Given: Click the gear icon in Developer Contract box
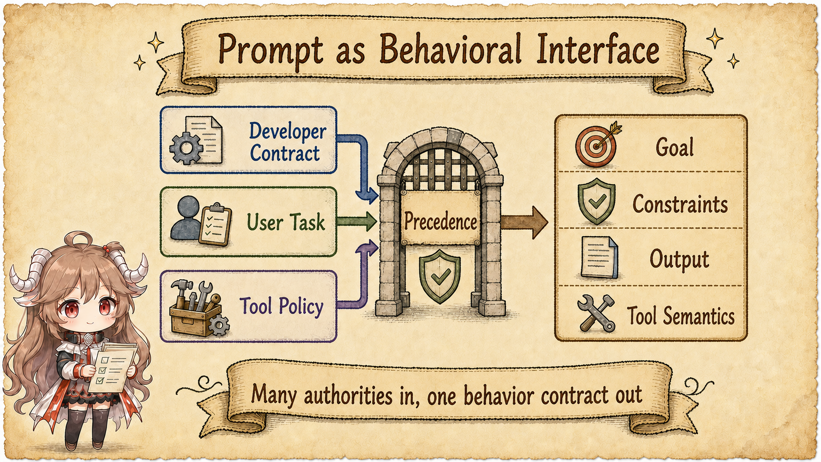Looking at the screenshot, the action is (186, 148).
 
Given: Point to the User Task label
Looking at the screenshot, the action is (286, 222).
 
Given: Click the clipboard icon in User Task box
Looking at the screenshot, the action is (216, 224).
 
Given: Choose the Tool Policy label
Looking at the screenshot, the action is (281, 305).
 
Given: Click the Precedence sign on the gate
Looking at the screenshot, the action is (440, 218).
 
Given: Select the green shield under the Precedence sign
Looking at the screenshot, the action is (440, 276).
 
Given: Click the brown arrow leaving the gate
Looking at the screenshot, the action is (524, 222).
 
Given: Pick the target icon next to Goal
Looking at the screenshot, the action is (598, 145).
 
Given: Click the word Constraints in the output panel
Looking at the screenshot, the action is (680, 204).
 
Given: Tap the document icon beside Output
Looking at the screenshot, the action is (599, 258).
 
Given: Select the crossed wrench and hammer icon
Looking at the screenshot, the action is (596, 314).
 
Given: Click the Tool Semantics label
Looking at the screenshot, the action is (681, 316).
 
